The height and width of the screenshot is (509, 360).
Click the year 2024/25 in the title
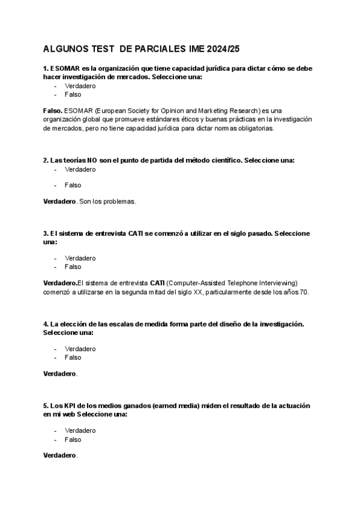point(226,48)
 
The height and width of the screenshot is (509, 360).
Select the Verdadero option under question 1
point(80,86)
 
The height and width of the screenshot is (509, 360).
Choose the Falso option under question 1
point(73,94)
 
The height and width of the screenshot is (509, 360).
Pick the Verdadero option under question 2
point(80,169)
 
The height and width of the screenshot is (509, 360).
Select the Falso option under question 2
point(73,185)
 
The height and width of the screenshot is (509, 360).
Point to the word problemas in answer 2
point(121,201)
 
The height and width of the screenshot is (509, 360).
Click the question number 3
point(46,233)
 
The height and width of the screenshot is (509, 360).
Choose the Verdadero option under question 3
point(80,258)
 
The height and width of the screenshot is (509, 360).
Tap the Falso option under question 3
point(73,267)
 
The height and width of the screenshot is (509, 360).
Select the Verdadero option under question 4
point(80,349)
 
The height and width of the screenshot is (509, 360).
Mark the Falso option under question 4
point(73,357)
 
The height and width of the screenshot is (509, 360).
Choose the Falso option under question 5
point(73,439)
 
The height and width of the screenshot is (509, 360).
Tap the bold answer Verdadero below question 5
point(60,456)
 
